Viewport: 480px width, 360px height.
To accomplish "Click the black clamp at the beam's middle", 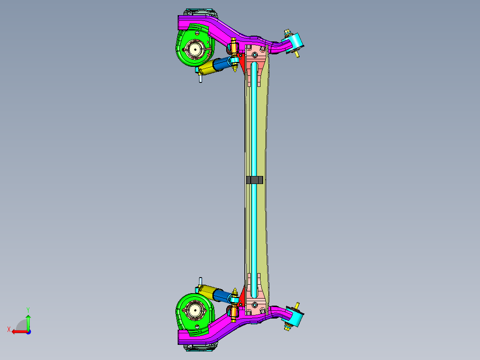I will (x=255, y=180).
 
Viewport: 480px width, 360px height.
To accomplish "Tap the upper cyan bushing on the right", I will (x=296, y=42).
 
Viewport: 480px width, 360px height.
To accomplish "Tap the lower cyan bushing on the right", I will (x=296, y=317).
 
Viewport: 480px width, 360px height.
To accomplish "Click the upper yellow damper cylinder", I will (x=207, y=68).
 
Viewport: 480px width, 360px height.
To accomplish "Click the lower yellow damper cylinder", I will (x=207, y=291).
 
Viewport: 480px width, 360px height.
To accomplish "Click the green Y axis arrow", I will (x=28, y=322).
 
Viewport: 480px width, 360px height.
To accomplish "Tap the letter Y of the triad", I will (x=28, y=309).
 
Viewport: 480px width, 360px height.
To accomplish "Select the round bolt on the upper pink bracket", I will (x=254, y=55).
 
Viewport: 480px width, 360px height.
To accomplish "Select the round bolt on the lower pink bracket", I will (x=254, y=304).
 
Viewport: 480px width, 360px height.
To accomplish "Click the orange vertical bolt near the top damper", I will (x=234, y=45).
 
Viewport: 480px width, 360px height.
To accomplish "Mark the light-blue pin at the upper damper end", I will (x=200, y=78).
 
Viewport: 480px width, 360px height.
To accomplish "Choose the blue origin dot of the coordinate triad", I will (x=28, y=331).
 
